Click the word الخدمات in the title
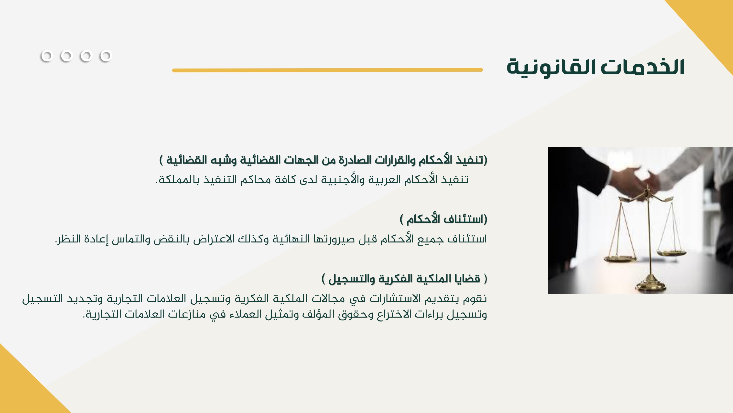click(643, 67)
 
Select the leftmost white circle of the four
click(47, 56)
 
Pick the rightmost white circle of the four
click(106, 56)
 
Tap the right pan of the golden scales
click(671, 252)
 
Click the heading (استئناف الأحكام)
click(443, 219)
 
